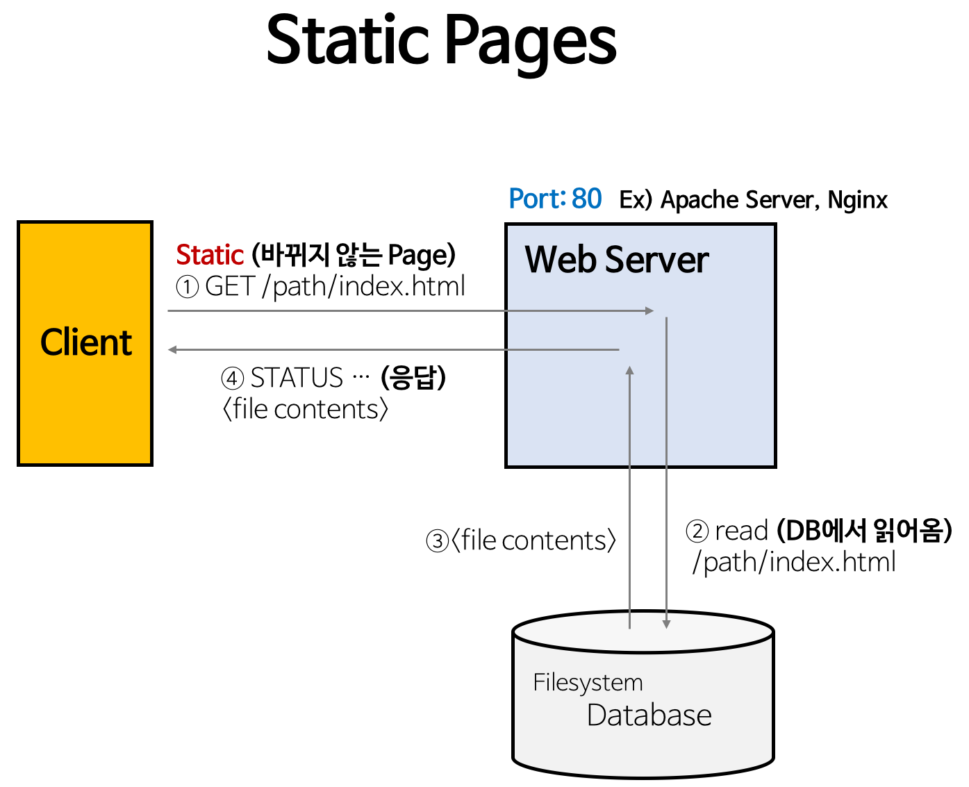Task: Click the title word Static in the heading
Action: point(347,40)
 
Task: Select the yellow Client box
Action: point(85,343)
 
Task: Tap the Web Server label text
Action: point(616,260)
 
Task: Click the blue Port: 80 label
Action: point(555,199)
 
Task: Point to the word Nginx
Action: point(857,200)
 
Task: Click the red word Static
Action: point(209,255)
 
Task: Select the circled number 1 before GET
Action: point(188,287)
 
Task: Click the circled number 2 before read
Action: point(697,531)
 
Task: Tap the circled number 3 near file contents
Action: point(437,541)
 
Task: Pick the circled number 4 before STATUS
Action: point(233,379)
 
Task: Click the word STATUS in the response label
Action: point(297,378)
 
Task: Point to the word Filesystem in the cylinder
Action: point(588,682)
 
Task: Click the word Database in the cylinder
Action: point(649,715)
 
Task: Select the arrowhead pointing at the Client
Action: point(173,349)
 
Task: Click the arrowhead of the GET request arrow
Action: point(649,310)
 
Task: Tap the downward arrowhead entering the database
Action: point(666,624)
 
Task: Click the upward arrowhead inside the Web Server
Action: point(630,371)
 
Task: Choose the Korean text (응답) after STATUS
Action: point(413,378)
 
